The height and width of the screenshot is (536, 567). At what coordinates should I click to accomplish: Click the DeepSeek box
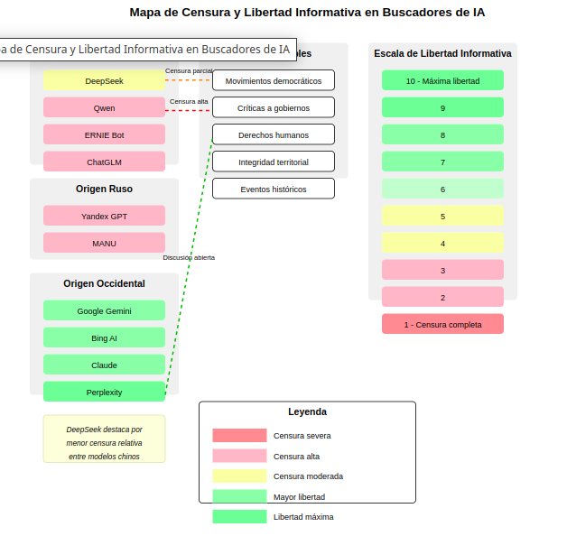[x=104, y=80]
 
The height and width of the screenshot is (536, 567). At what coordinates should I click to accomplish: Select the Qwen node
[x=104, y=107]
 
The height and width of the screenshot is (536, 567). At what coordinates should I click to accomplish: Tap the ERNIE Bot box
[x=104, y=134]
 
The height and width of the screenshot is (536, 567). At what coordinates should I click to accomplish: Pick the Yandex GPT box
[x=104, y=216]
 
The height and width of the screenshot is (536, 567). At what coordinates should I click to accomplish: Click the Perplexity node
[x=104, y=392]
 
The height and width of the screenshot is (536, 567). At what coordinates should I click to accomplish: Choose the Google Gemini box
[x=104, y=310]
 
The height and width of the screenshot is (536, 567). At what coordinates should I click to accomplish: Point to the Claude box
[x=104, y=365]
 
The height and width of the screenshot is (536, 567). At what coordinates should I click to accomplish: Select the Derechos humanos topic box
[x=273, y=134]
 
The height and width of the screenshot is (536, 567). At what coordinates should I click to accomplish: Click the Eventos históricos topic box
[x=273, y=189]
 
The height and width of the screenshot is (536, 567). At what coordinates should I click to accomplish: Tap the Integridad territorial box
[x=273, y=162]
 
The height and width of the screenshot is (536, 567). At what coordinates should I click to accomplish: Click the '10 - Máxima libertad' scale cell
[x=442, y=80]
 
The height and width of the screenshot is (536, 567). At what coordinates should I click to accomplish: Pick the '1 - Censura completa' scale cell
[x=442, y=324]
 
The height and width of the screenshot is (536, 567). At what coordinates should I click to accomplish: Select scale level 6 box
[x=442, y=189]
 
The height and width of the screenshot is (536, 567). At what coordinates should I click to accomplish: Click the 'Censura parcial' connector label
[x=189, y=70]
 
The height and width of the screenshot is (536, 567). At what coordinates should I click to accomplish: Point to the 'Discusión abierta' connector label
[x=189, y=257]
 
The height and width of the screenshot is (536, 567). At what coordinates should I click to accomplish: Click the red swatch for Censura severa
[x=239, y=435]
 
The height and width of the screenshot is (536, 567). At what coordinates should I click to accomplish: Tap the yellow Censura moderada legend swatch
[x=239, y=476]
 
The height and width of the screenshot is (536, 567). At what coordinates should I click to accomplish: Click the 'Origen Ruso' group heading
[x=104, y=189]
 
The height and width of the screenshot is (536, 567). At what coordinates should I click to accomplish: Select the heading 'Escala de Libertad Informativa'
[x=442, y=53]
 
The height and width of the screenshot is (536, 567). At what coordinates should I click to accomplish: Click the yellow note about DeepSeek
[x=104, y=439]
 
